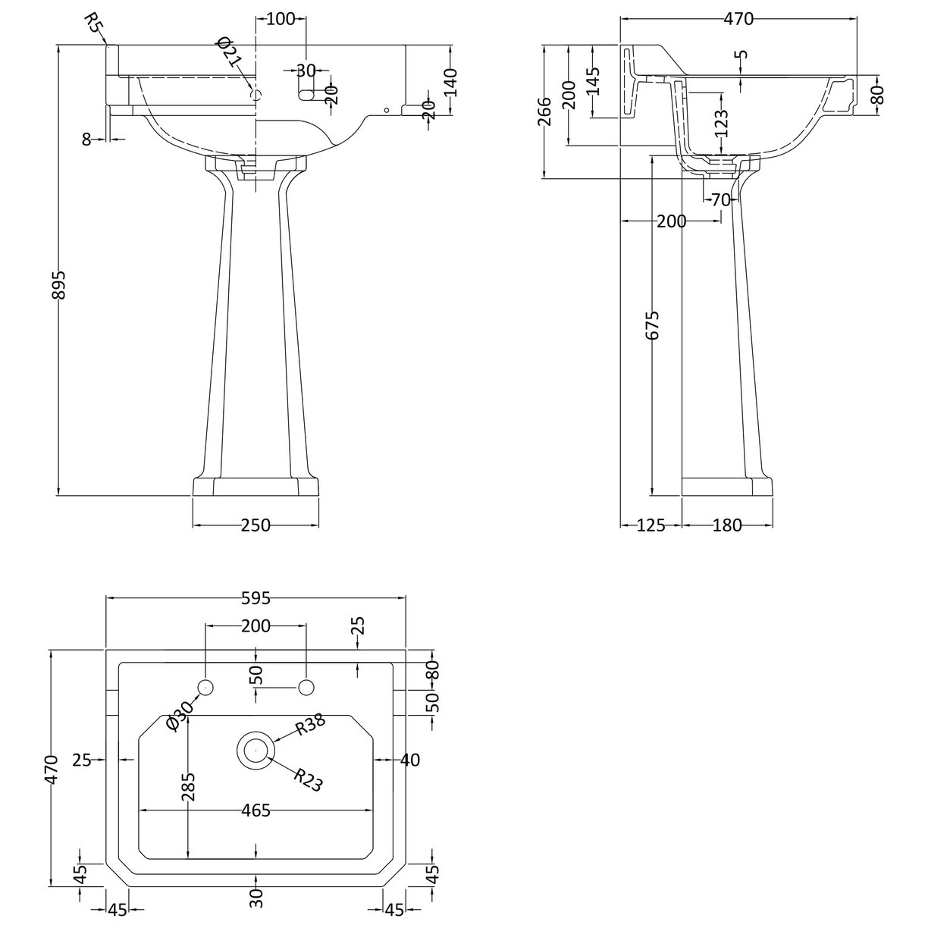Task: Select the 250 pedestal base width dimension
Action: pos(256,525)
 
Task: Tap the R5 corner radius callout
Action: pos(93,24)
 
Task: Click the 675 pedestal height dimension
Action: pos(654,324)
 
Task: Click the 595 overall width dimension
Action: pos(256,598)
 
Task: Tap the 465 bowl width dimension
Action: pos(256,810)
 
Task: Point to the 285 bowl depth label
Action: pos(188,787)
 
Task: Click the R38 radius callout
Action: pos(310,726)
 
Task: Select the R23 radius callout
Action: pos(307,780)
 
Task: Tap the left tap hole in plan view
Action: pos(205,688)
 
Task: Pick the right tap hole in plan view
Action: pos(306,688)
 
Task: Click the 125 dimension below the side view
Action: pos(651,525)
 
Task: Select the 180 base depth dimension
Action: pos(727,525)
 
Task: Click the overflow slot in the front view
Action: pos(310,95)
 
